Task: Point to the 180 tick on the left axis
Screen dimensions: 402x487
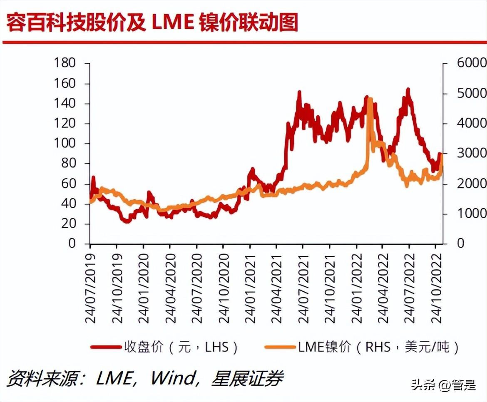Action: (65, 63)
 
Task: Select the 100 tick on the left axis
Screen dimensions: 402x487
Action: (65, 144)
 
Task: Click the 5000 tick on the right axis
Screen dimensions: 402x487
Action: (472, 93)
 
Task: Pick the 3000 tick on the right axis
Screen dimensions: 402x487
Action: (472, 153)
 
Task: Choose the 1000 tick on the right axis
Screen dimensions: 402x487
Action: (472, 213)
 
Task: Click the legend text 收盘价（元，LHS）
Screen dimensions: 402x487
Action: (181, 347)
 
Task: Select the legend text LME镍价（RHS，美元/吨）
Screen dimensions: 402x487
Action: (378, 347)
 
